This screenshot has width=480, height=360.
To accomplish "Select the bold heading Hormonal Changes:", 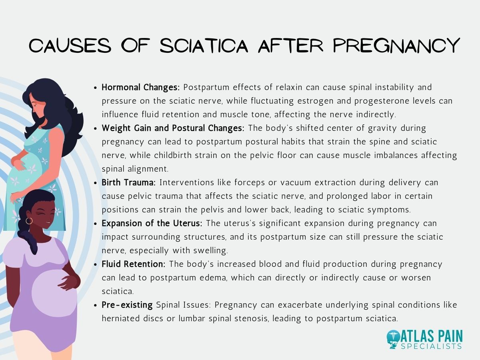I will click(141, 87).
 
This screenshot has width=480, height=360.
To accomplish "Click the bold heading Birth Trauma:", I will click(128, 182).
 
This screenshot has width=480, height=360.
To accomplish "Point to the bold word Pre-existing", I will click(127, 305).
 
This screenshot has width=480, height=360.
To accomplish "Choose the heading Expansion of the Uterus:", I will click(152, 223).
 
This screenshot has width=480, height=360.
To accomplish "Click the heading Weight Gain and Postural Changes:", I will click(173, 128).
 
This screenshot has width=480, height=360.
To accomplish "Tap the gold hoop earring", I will click(29, 221).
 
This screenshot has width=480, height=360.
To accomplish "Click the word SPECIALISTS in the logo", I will click(432, 346).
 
